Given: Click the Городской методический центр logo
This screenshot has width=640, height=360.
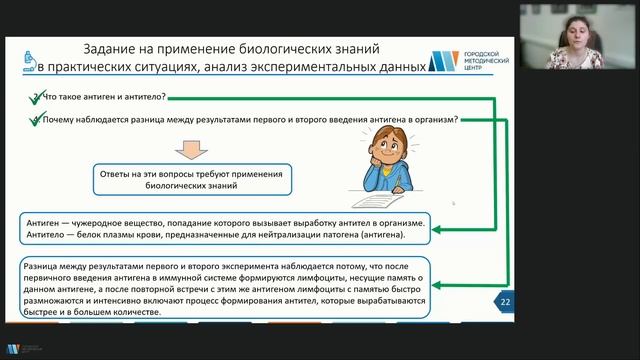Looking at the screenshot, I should pos(469,59).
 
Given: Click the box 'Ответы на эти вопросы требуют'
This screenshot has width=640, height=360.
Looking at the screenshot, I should pos(193,179).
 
